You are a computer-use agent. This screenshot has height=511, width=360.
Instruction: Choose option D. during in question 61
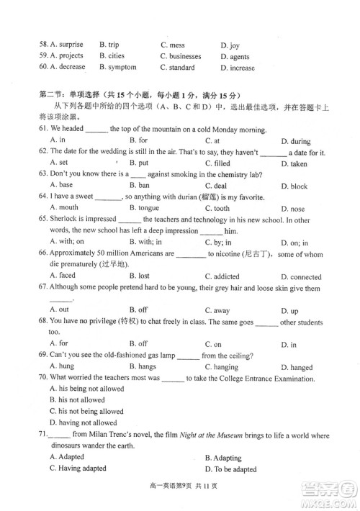(296, 141)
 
